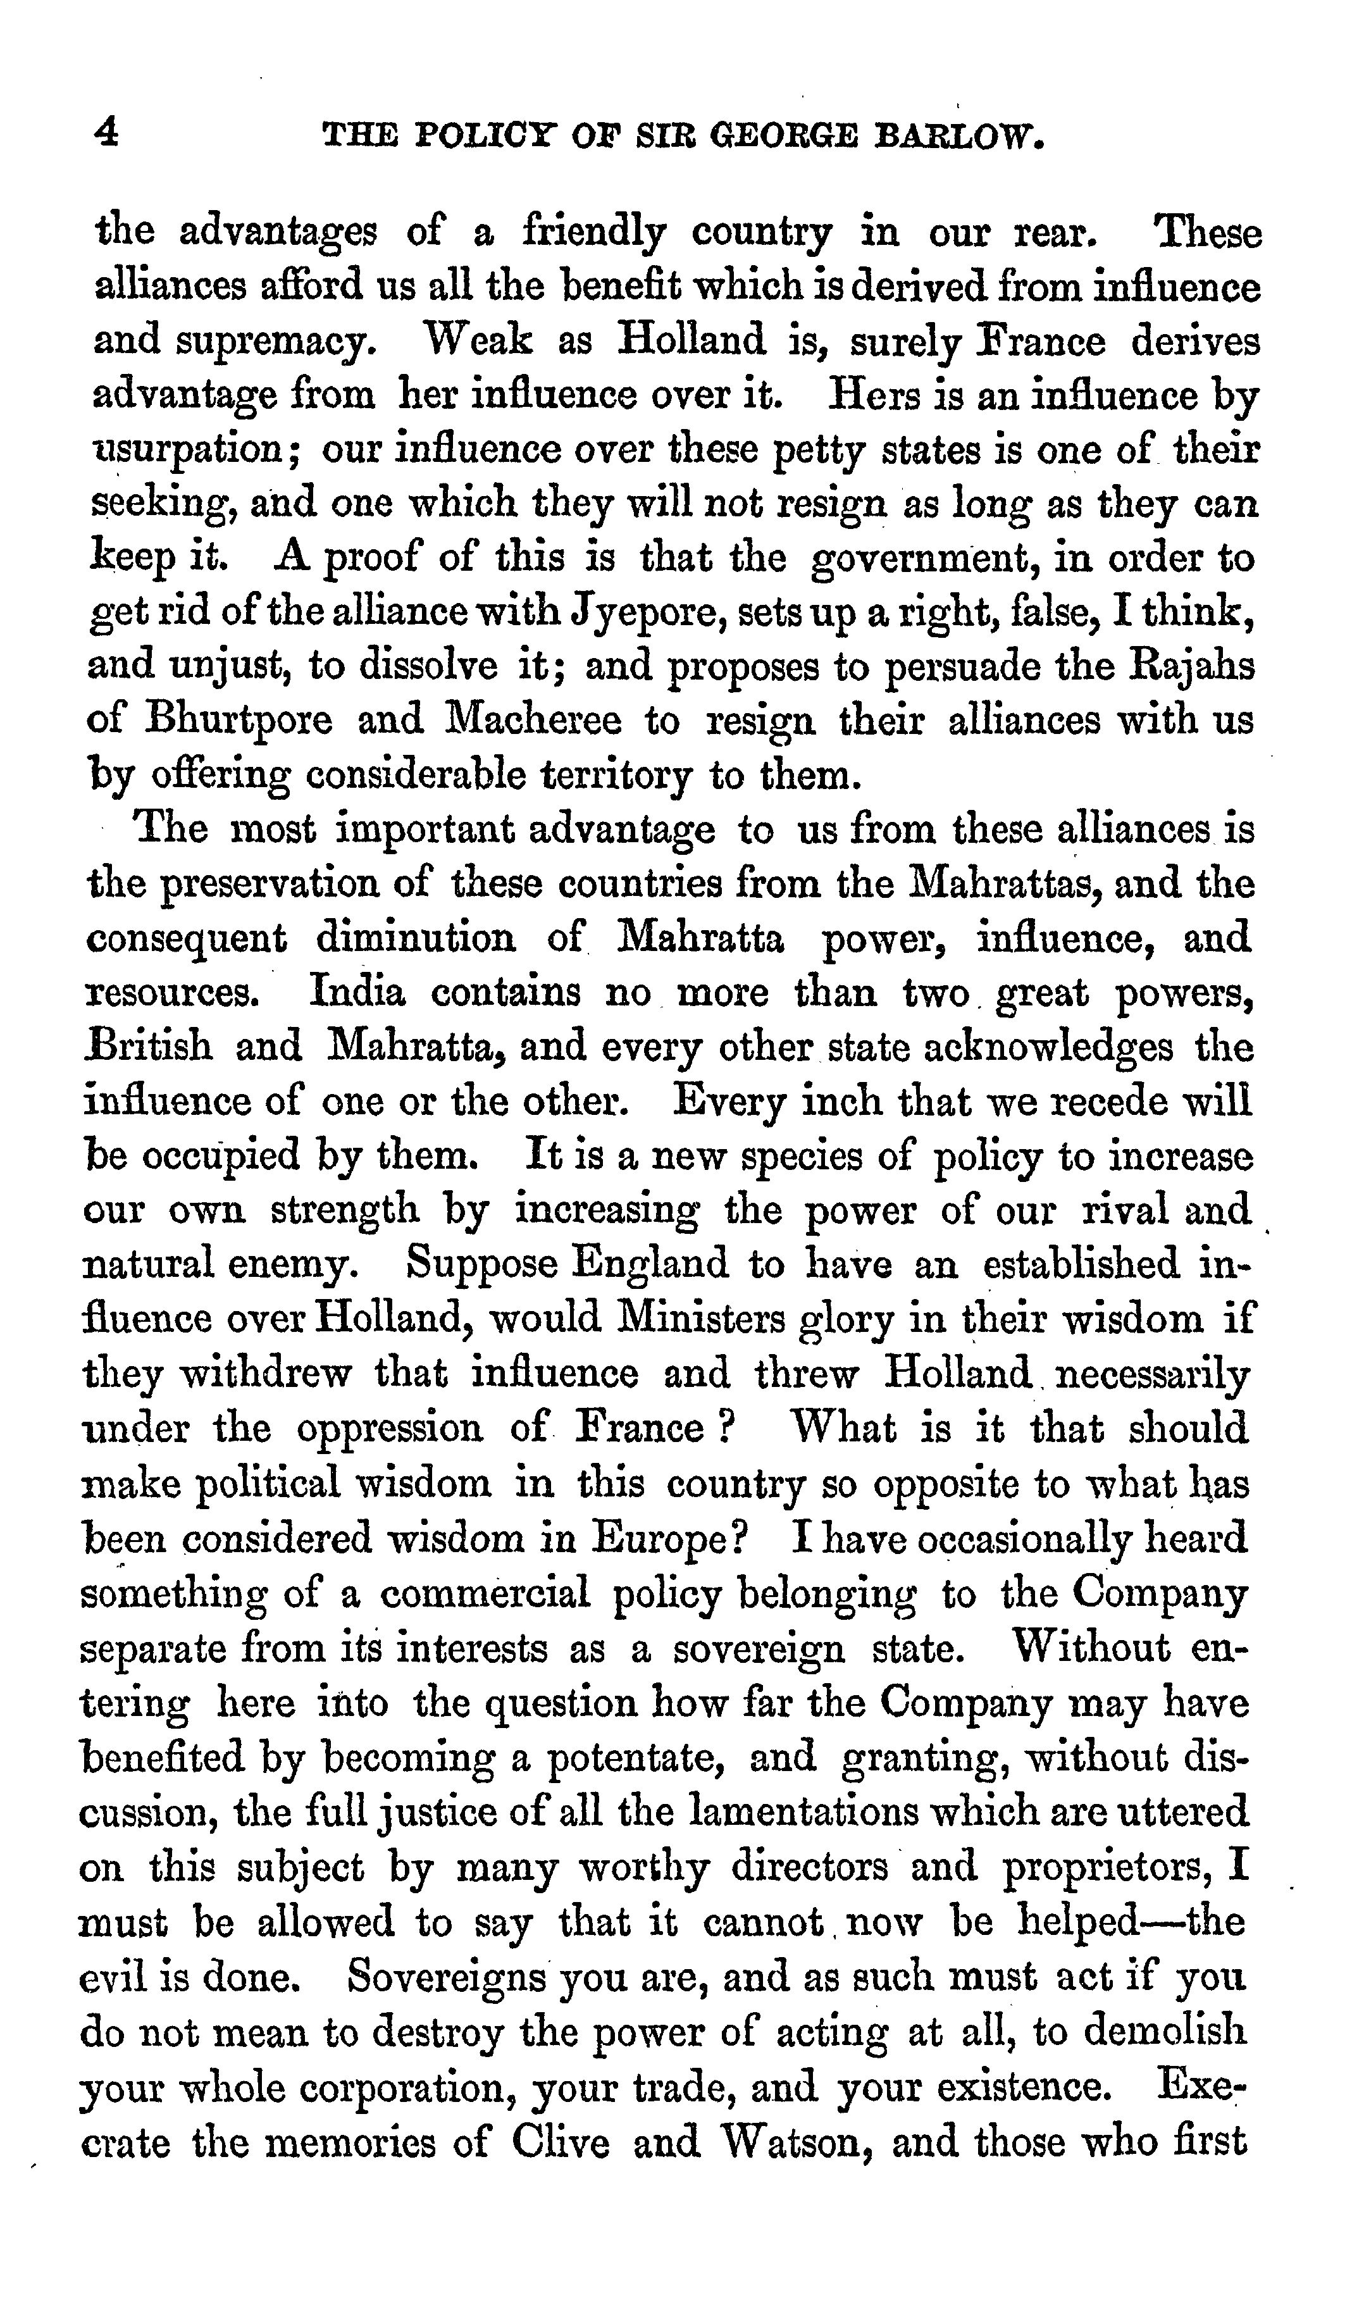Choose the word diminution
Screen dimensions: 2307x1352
416,938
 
